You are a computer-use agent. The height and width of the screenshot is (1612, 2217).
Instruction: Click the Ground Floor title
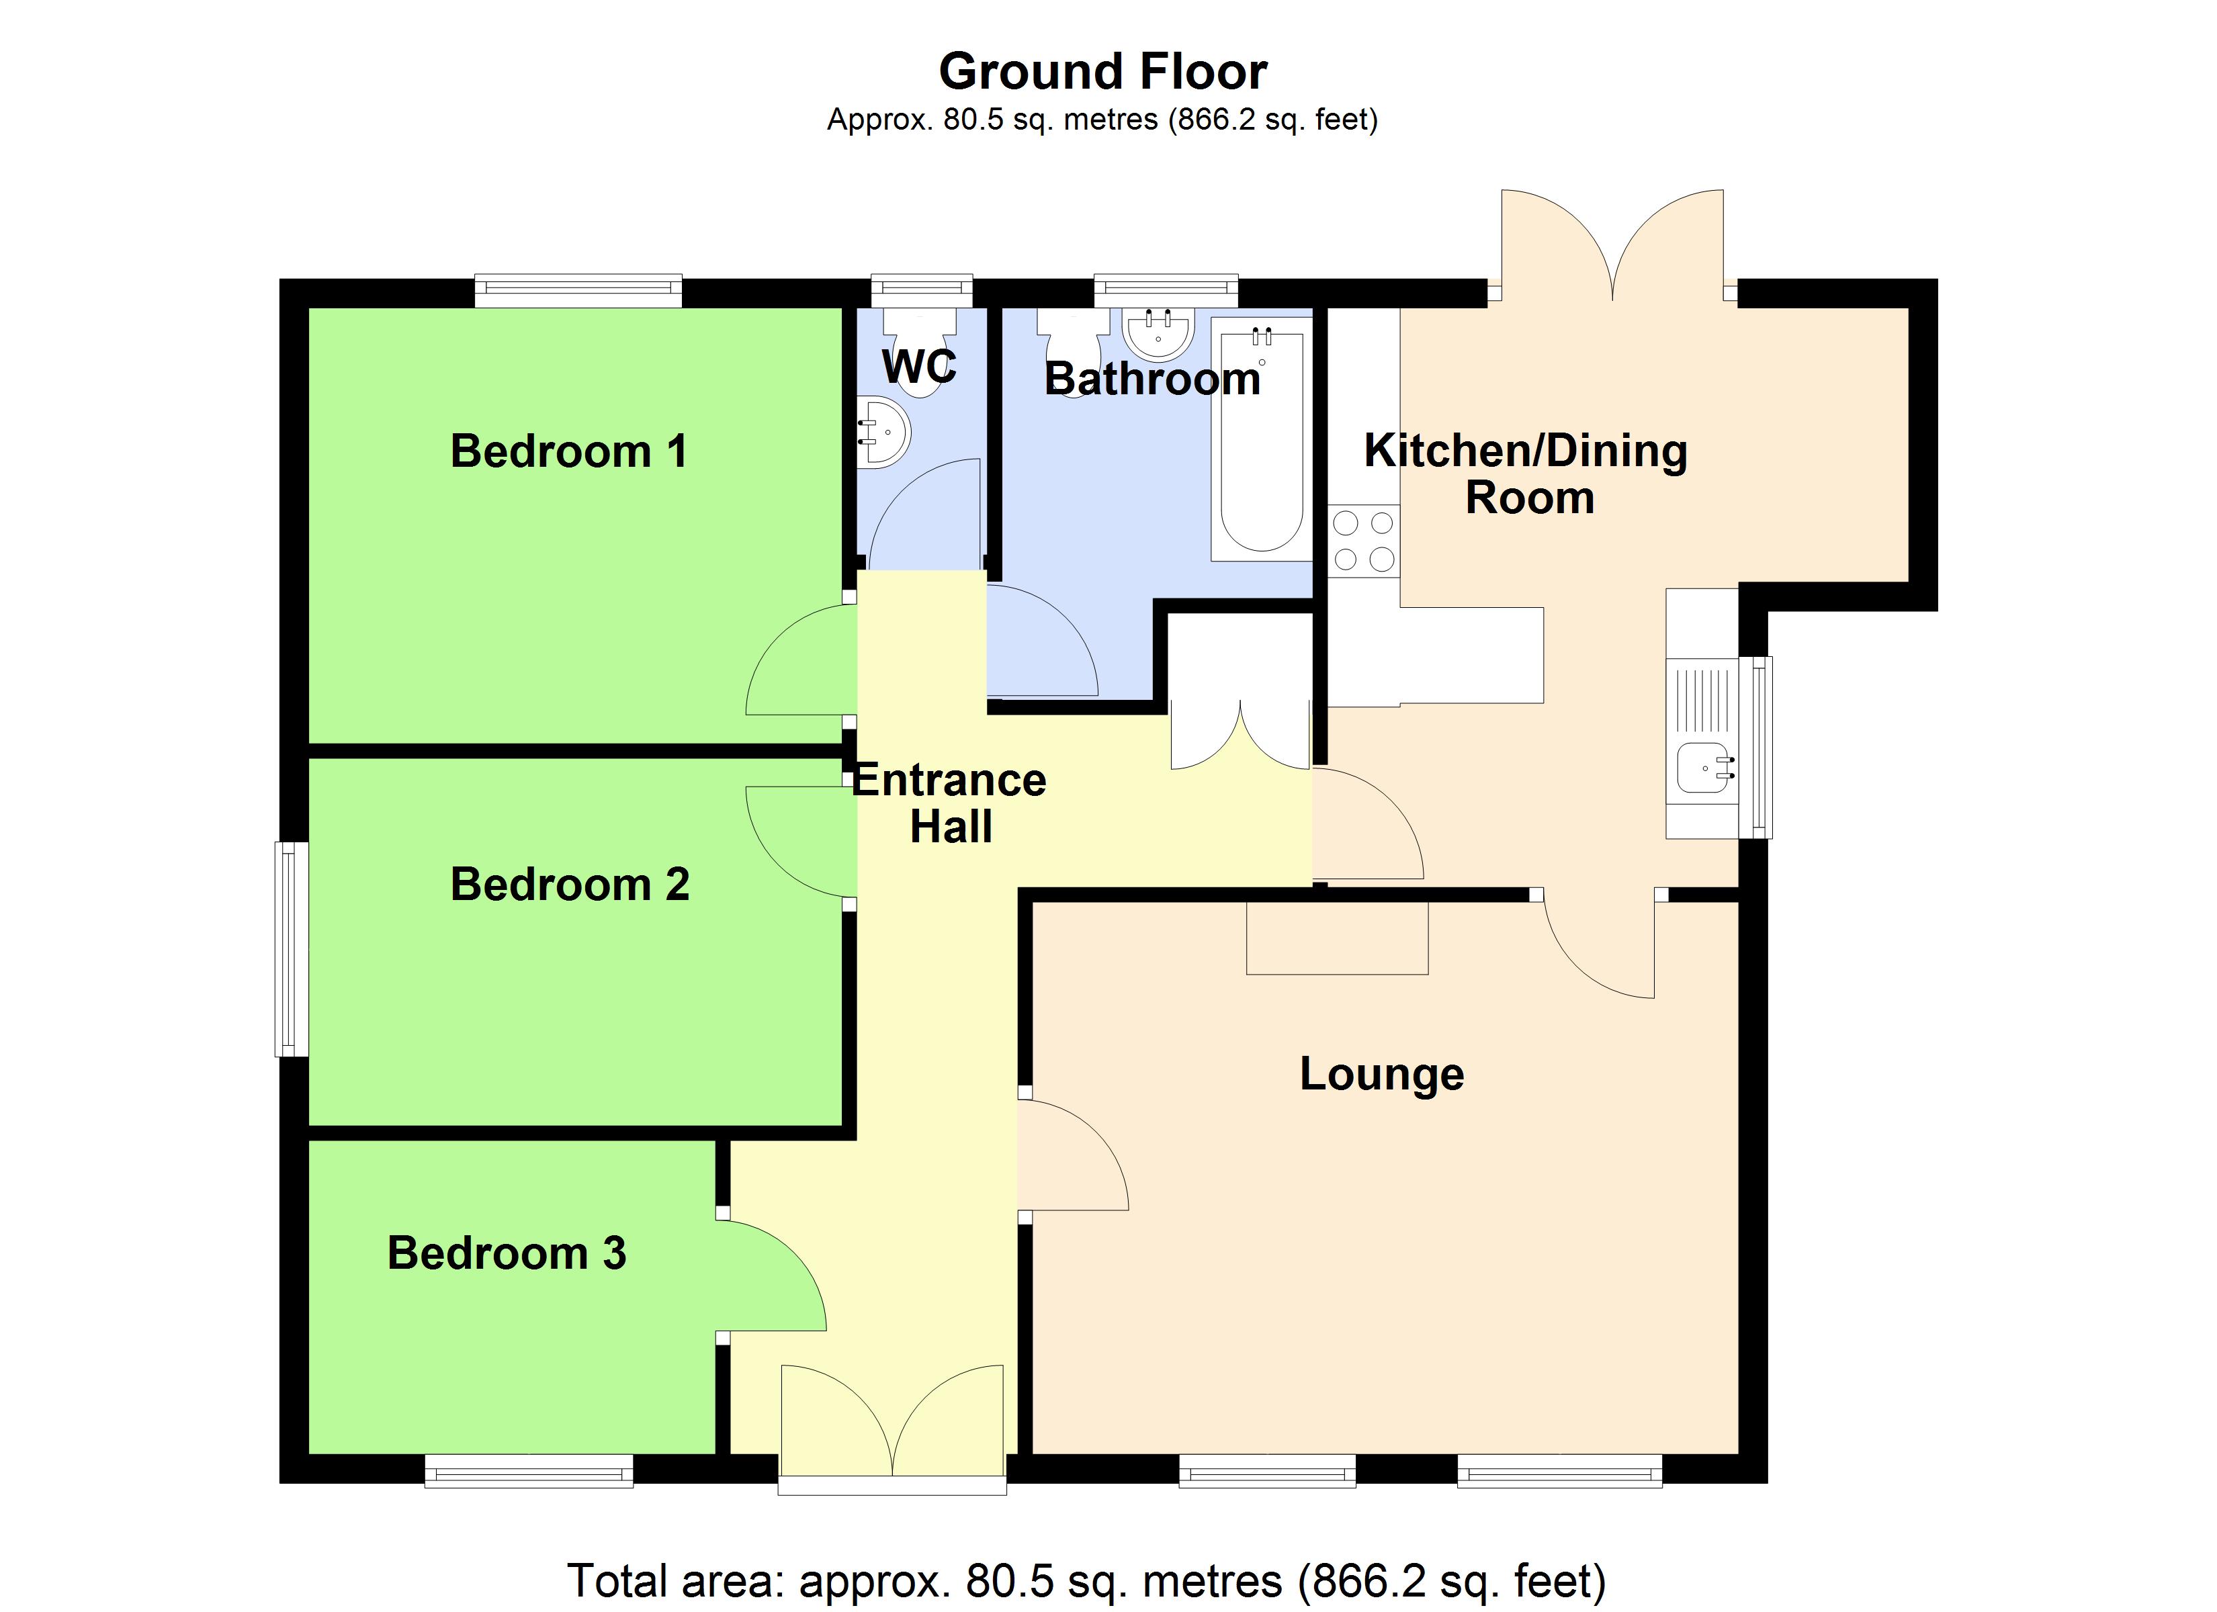1102,71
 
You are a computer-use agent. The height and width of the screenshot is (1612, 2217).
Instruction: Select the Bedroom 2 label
569,885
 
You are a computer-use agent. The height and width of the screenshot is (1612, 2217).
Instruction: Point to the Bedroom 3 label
507,1253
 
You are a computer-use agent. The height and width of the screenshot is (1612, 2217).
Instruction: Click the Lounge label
1381,1075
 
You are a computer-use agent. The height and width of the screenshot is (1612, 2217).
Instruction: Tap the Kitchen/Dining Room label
1526,474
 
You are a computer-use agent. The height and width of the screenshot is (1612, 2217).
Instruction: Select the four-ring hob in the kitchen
1364,541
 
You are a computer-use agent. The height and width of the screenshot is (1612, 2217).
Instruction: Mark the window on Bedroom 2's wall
292,949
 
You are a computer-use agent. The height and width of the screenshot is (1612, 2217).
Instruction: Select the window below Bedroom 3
529,1471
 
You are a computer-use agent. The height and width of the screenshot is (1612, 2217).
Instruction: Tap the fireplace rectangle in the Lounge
1336,938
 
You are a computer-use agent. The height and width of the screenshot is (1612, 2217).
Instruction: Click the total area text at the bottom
1086,1580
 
